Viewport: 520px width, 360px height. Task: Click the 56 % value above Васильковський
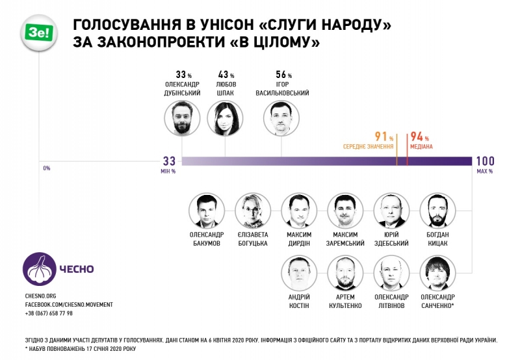tap(283, 74)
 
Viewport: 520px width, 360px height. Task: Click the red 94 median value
tap(416, 136)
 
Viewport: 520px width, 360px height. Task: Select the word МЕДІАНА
tap(421, 146)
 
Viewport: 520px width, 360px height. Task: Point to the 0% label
tap(46, 168)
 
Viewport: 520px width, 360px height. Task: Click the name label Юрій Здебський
tap(391, 238)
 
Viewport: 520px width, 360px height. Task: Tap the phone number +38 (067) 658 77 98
tap(49, 313)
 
